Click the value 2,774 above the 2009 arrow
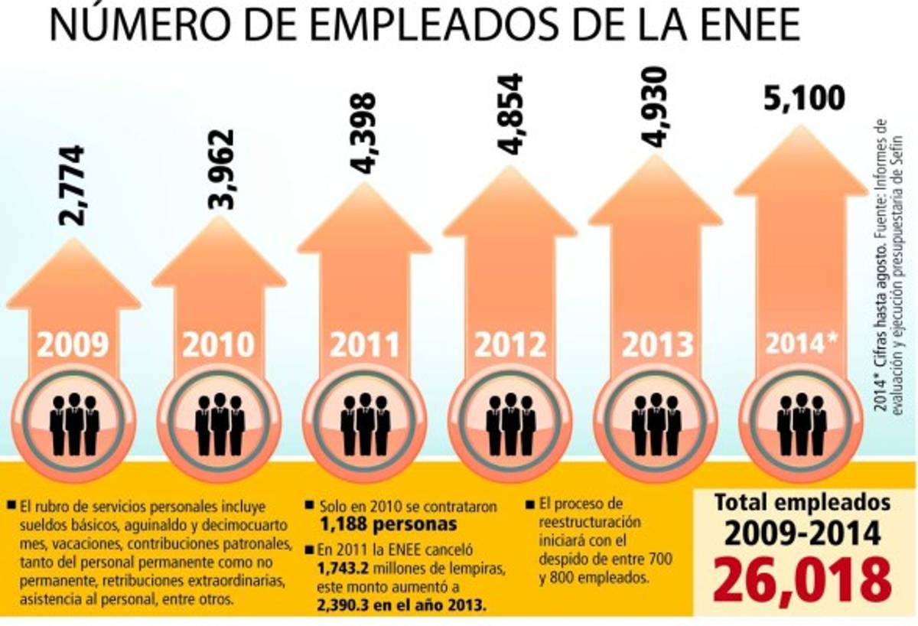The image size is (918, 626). [73, 184]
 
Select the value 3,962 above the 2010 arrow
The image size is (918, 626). [221, 170]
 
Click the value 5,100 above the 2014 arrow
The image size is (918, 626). [800, 99]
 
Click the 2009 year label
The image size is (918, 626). [73, 345]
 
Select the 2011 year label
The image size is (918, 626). [365, 345]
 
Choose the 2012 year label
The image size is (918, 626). [510, 345]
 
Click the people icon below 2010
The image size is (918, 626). [220, 422]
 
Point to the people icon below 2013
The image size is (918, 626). [656, 422]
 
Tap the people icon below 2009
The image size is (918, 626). [74, 422]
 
